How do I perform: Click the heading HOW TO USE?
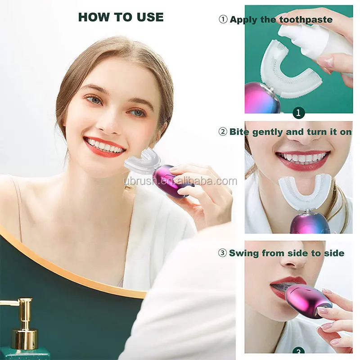pos(121,17)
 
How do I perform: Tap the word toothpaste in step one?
pos(306,19)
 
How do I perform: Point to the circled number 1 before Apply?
pos(223,19)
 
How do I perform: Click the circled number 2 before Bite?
pos(223,132)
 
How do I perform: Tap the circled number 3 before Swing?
pos(222,253)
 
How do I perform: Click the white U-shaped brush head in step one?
pos(288,72)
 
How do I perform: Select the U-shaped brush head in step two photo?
pos(305,191)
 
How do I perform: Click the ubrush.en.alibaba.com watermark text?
pos(180,181)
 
